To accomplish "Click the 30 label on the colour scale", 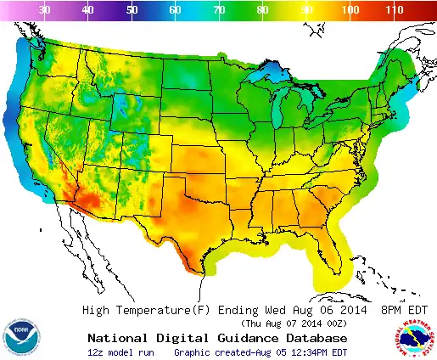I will [x=45, y=10].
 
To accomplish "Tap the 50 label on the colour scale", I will [x=132, y=10].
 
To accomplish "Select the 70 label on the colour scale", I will [x=218, y=10].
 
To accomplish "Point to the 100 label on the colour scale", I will [x=348, y=10].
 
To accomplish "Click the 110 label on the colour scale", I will [x=393, y=10].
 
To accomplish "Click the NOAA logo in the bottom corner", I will [x=20, y=337].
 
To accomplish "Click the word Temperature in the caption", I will [x=160, y=310].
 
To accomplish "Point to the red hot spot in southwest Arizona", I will [x=81, y=204].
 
